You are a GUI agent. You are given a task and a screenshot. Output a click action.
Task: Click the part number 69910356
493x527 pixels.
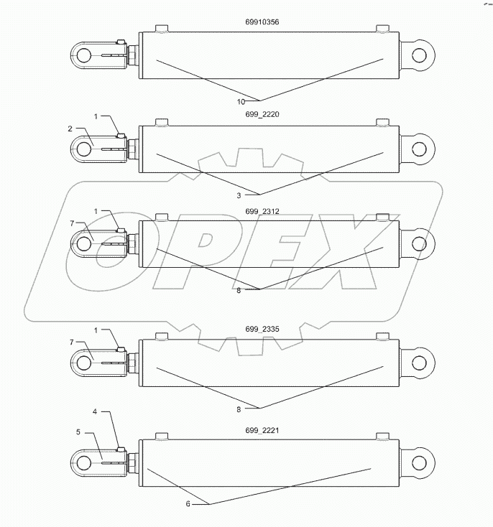pos(262,22)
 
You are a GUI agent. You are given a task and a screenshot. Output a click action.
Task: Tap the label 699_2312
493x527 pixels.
pos(262,213)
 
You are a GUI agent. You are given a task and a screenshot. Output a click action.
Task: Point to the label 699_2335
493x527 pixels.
pos(262,329)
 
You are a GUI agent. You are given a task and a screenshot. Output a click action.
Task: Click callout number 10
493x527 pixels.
pos(241,101)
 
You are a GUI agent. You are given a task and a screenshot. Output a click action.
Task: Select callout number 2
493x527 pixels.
pos(70,129)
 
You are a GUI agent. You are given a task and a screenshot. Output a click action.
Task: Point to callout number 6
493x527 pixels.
pos(188,503)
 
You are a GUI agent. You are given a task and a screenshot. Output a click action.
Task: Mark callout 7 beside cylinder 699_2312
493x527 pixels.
pos(72,224)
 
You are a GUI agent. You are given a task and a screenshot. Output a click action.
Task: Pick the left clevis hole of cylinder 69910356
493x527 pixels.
pos(84,55)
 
